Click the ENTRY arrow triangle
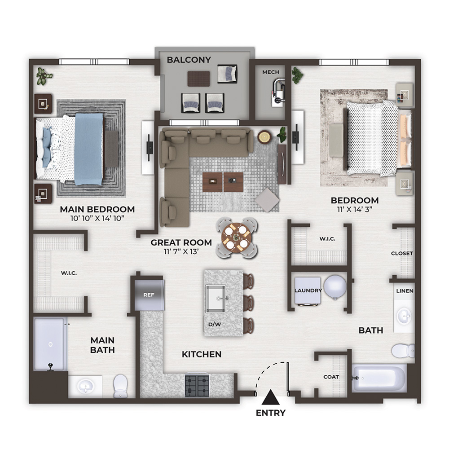[270, 397]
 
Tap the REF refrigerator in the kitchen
[149, 295]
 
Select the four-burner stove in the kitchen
[197, 385]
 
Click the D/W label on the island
[215, 325]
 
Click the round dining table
[236, 238]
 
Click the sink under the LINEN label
[405, 316]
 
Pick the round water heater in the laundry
[335, 286]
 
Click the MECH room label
[271, 72]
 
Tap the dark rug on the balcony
[199, 79]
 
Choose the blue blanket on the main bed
[89, 149]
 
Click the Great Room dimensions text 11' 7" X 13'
[181, 252]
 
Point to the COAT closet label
[331, 377]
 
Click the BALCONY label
[189, 60]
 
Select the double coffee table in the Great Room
[223, 182]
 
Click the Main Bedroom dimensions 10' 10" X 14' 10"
[97, 219]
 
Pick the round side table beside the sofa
[264, 137]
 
